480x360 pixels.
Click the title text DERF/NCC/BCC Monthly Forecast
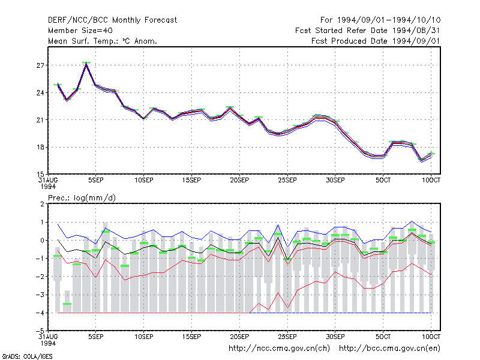[x=112, y=20]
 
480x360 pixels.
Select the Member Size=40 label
[x=80, y=31]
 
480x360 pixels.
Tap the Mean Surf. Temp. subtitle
[x=103, y=41]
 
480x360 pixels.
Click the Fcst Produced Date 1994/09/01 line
[x=376, y=41]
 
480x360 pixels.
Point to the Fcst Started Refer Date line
[x=367, y=31]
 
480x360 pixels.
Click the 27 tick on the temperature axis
[x=40, y=65]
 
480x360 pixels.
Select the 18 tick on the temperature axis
[x=40, y=147]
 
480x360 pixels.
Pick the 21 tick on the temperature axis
[x=40, y=120]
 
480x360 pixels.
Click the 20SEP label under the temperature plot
[x=239, y=181]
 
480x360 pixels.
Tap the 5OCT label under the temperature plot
[x=383, y=181]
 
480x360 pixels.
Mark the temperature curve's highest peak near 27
[x=86, y=64]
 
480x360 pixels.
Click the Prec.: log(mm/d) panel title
[x=82, y=198]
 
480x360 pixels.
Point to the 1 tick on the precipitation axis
[x=42, y=222]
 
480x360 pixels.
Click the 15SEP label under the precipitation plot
[x=191, y=337]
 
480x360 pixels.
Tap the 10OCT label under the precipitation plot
[x=431, y=337]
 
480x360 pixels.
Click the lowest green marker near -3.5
[x=67, y=304]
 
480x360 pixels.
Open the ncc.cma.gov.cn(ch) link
[x=279, y=349]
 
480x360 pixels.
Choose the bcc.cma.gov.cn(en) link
[x=389, y=349]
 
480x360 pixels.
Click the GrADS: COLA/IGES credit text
[x=27, y=356]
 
